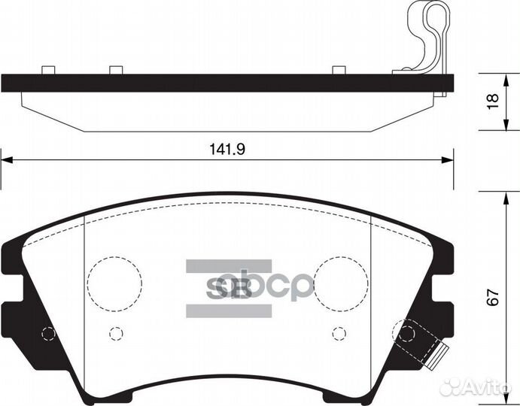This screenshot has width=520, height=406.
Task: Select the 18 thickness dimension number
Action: (x=492, y=101)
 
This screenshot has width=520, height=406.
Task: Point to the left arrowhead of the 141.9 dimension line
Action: (x=6, y=159)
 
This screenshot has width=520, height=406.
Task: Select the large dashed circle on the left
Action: (x=114, y=283)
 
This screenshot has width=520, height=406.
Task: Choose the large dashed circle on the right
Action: (x=341, y=283)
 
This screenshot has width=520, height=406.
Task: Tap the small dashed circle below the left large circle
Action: (x=115, y=332)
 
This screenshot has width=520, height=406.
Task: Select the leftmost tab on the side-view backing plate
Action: (x=48, y=71)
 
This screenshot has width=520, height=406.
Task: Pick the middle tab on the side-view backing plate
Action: (x=115, y=71)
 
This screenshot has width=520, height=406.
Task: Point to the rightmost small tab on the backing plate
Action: (x=339, y=71)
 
